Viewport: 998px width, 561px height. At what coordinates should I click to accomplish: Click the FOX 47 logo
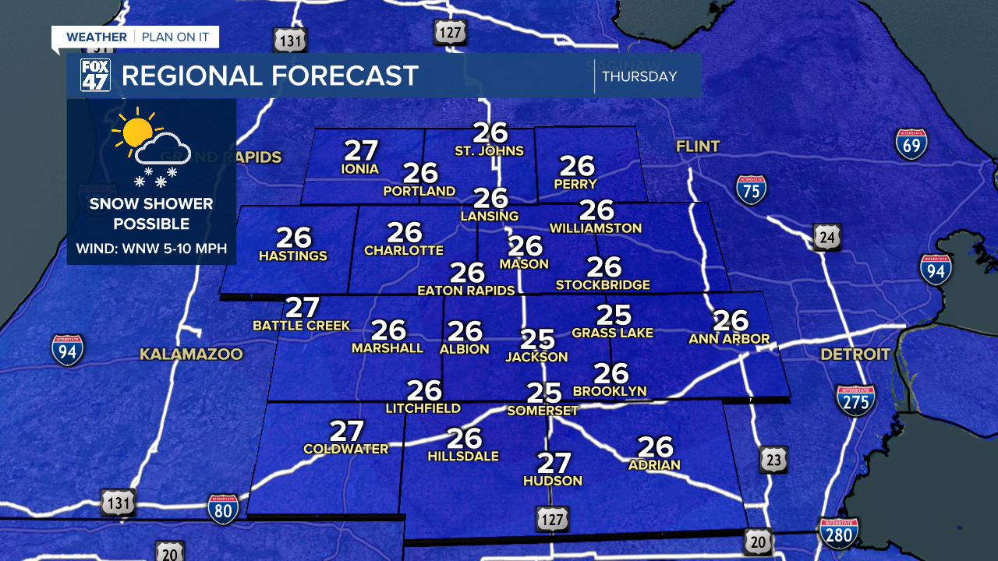tap(95, 75)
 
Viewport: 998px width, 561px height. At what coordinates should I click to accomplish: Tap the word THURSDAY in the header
tap(639, 76)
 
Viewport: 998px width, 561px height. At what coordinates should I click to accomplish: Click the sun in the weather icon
tap(137, 132)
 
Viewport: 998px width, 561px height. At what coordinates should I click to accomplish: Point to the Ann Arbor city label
tap(729, 339)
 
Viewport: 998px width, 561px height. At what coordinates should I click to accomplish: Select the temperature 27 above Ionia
tap(361, 150)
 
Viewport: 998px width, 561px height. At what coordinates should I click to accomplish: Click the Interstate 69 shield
tap(911, 144)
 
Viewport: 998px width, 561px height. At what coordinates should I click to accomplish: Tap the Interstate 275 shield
tap(855, 400)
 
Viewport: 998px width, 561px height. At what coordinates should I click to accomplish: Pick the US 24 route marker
tap(826, 236)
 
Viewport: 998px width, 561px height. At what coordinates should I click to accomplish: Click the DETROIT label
tap(855, 355)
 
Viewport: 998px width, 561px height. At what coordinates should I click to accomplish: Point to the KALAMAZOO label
tap(191, 355)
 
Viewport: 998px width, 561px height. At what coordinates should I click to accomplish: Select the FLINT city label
tap(698, 146)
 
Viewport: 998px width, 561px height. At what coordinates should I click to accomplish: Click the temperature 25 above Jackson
tap(537, 339)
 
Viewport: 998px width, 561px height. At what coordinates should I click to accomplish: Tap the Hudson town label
tap(553, 481)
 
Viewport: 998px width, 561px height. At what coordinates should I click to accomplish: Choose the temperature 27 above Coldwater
tap(347, 431)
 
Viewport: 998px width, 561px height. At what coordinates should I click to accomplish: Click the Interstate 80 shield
tap(222, 508)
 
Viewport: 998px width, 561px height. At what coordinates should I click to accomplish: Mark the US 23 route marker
tap(773, 460)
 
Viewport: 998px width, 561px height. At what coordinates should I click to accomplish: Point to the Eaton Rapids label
tap(466, 291)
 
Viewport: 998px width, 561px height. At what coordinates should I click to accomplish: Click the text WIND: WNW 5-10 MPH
tap(151, 249)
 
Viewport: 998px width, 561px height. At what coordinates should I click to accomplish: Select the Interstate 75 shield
tap(751, 189)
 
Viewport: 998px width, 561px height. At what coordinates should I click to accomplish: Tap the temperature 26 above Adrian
tap(655, 446)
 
